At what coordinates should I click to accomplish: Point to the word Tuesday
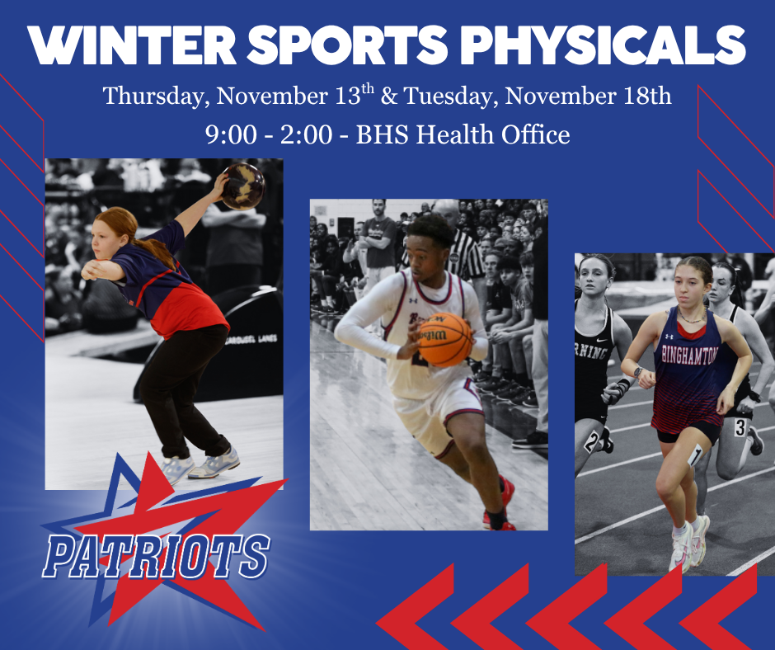tap(449, 97)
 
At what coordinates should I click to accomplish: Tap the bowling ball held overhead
tap(243, 186)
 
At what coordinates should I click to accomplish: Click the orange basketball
tap(444, 339)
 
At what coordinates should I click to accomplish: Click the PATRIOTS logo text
tap(156, 557)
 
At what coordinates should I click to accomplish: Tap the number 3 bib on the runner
tap(740, 427)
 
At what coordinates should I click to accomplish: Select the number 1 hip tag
tap(695, 455)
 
